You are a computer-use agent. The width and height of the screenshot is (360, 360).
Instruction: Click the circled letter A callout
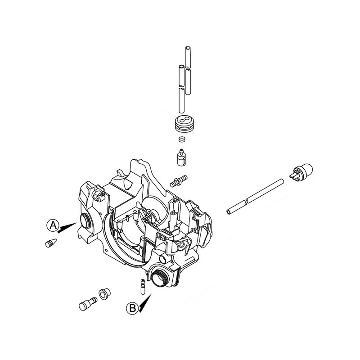coord(53,225)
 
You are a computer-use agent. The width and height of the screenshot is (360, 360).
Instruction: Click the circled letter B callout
coord(132,308)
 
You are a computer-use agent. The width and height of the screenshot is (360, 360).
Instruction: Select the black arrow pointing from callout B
coord(145,303)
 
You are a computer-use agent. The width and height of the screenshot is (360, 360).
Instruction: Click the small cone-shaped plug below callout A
coord(51,243)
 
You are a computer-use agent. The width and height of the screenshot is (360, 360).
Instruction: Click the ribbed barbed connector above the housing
coord(179,181)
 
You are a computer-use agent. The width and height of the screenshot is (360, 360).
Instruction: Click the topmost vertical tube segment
coord(188,58)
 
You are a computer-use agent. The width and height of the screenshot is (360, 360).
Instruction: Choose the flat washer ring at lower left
coord(104,293)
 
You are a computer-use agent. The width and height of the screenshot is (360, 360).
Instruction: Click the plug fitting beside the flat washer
coord(88,304)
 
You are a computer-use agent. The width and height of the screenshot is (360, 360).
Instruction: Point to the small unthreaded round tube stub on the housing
coord(164,259)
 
